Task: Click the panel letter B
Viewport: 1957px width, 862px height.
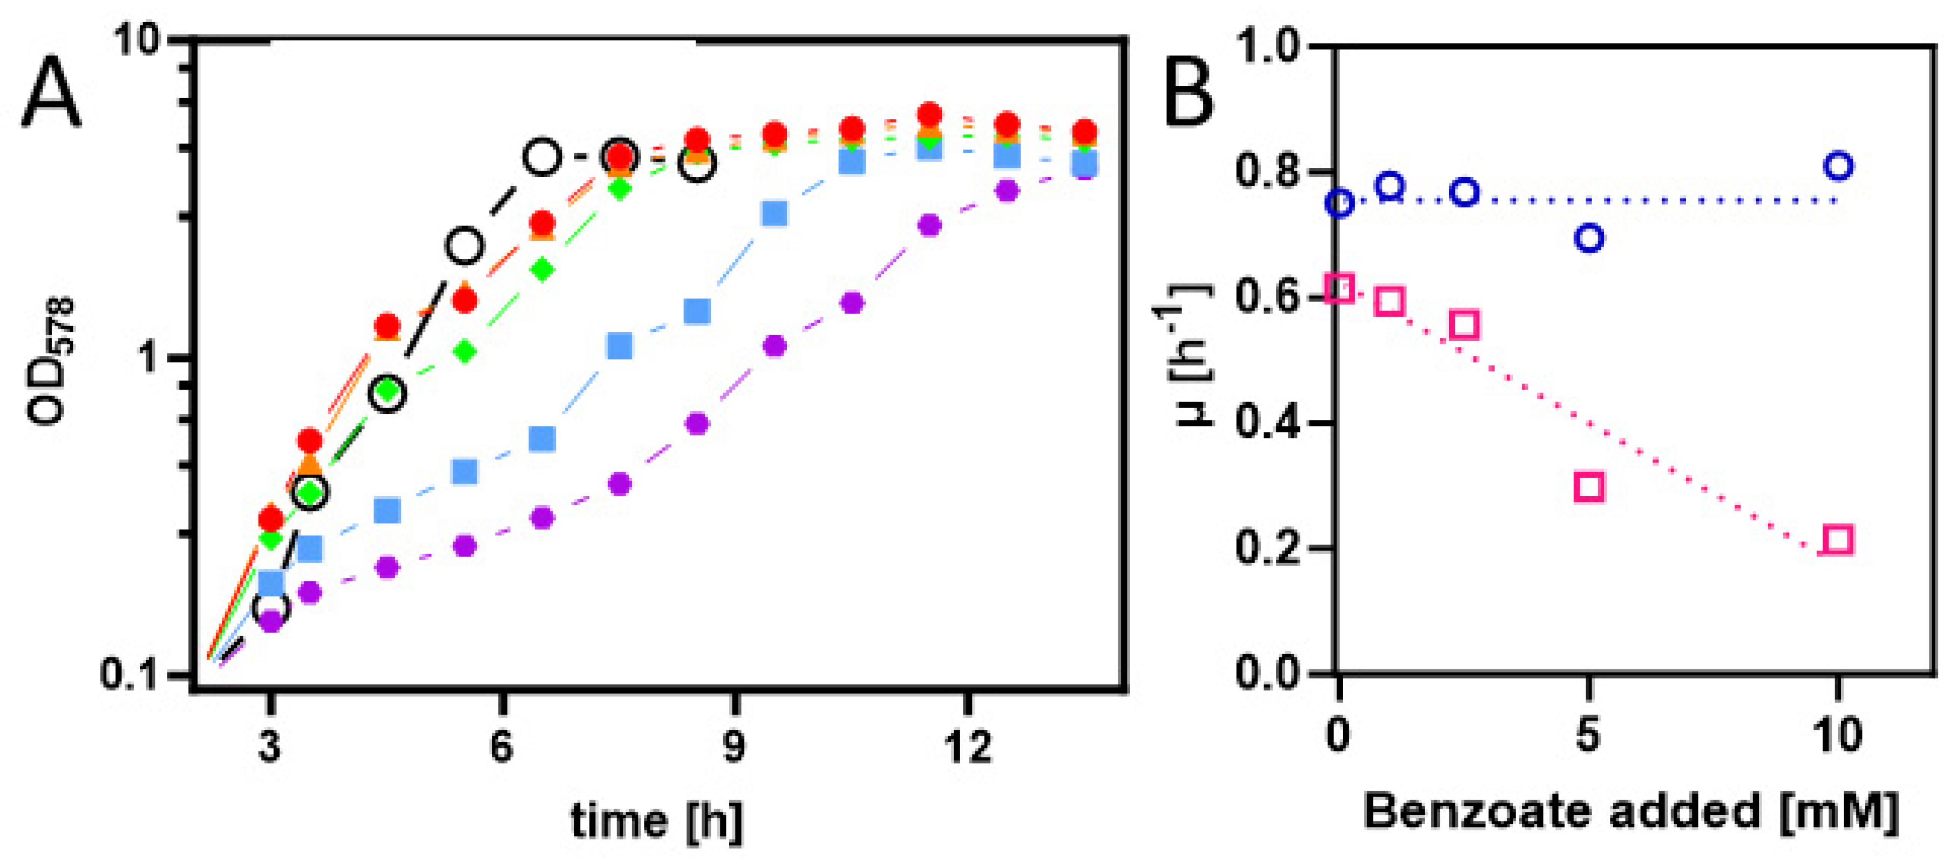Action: (x=1189, y=93)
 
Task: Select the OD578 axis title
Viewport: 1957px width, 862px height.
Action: (x=52, y=361)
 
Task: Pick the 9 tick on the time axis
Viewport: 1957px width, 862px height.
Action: (x=734, y=746)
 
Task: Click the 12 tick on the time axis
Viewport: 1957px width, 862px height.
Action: (x=968, y=746)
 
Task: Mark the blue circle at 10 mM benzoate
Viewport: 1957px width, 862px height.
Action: (x=1838, y=166)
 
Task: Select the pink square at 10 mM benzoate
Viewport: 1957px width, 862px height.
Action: (x=1838, y=539)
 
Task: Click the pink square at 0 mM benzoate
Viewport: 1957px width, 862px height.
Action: (x=1340, y=289)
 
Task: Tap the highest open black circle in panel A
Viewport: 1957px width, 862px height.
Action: (x=542, y=157)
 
